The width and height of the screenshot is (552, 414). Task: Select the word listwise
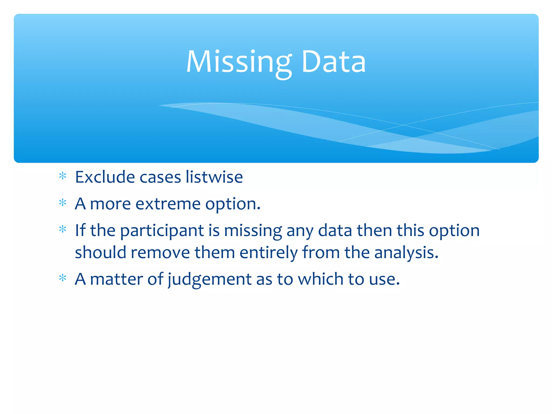click(x=214, y=177)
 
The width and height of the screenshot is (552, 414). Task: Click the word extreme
click(x=168, y=204)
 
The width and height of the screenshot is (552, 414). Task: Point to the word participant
click(x=162, y=231)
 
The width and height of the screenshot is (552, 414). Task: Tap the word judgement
click(x=210, y=279)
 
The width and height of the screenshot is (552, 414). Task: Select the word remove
click(x=160, y=253)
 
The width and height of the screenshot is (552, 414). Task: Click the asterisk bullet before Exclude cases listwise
click(x=63, y=176)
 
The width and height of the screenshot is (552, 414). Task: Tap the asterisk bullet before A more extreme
click(x=63, y=203)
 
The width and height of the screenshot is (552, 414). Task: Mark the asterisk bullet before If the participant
click(x=63, y=229)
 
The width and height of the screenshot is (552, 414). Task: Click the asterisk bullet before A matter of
click(x=63, y=278)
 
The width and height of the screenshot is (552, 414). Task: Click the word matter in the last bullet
click(x=116, y=279)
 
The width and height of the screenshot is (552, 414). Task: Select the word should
click(x=101, y=253)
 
